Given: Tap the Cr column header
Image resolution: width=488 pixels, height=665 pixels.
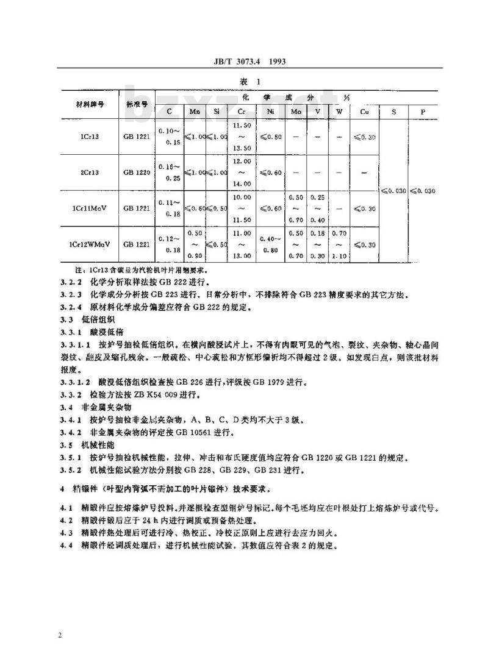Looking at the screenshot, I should pyautogui.click(x=242, y=112).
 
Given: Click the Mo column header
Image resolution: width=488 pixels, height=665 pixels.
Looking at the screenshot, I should pyautogui.click(x=296, y=112).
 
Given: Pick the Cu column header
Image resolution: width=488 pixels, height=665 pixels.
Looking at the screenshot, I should pyautogui.click(x=364, y=112).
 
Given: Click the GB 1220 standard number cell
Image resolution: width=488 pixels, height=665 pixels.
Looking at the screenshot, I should pyautogui.click(x=137, y=173).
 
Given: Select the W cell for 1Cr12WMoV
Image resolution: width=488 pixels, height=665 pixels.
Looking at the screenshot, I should pyautogui.click(x=339, y=244).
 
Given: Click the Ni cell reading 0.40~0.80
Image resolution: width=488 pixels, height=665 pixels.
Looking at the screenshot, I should pyautogui.click(x=270, y=244).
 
